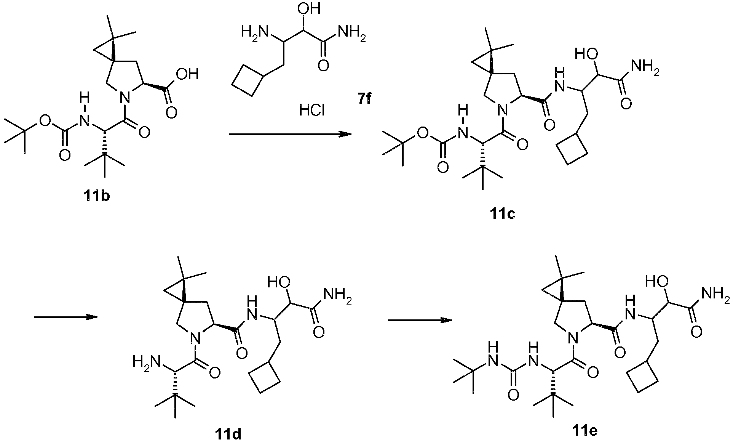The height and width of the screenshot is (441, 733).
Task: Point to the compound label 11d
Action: [x=228, y=433]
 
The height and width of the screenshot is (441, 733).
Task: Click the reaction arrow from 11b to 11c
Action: [x=289, y=134]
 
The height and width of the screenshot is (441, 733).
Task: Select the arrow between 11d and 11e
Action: [x=420, y=320]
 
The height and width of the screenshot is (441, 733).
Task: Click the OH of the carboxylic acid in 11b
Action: [x=187, y=74]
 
